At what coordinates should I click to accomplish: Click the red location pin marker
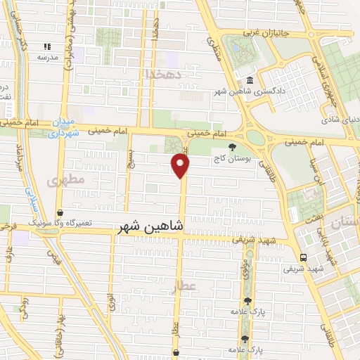point(181,166)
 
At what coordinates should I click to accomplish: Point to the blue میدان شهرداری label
point(64,127)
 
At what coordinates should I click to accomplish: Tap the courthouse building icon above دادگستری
point(251,80)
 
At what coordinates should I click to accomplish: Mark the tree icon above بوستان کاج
point(233,148)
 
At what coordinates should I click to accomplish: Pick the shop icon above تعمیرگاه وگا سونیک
point(60,212)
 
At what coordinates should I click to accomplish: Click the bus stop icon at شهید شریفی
point(304,257)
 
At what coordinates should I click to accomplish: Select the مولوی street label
point(241,271)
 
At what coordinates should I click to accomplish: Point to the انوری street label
point(110,302)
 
